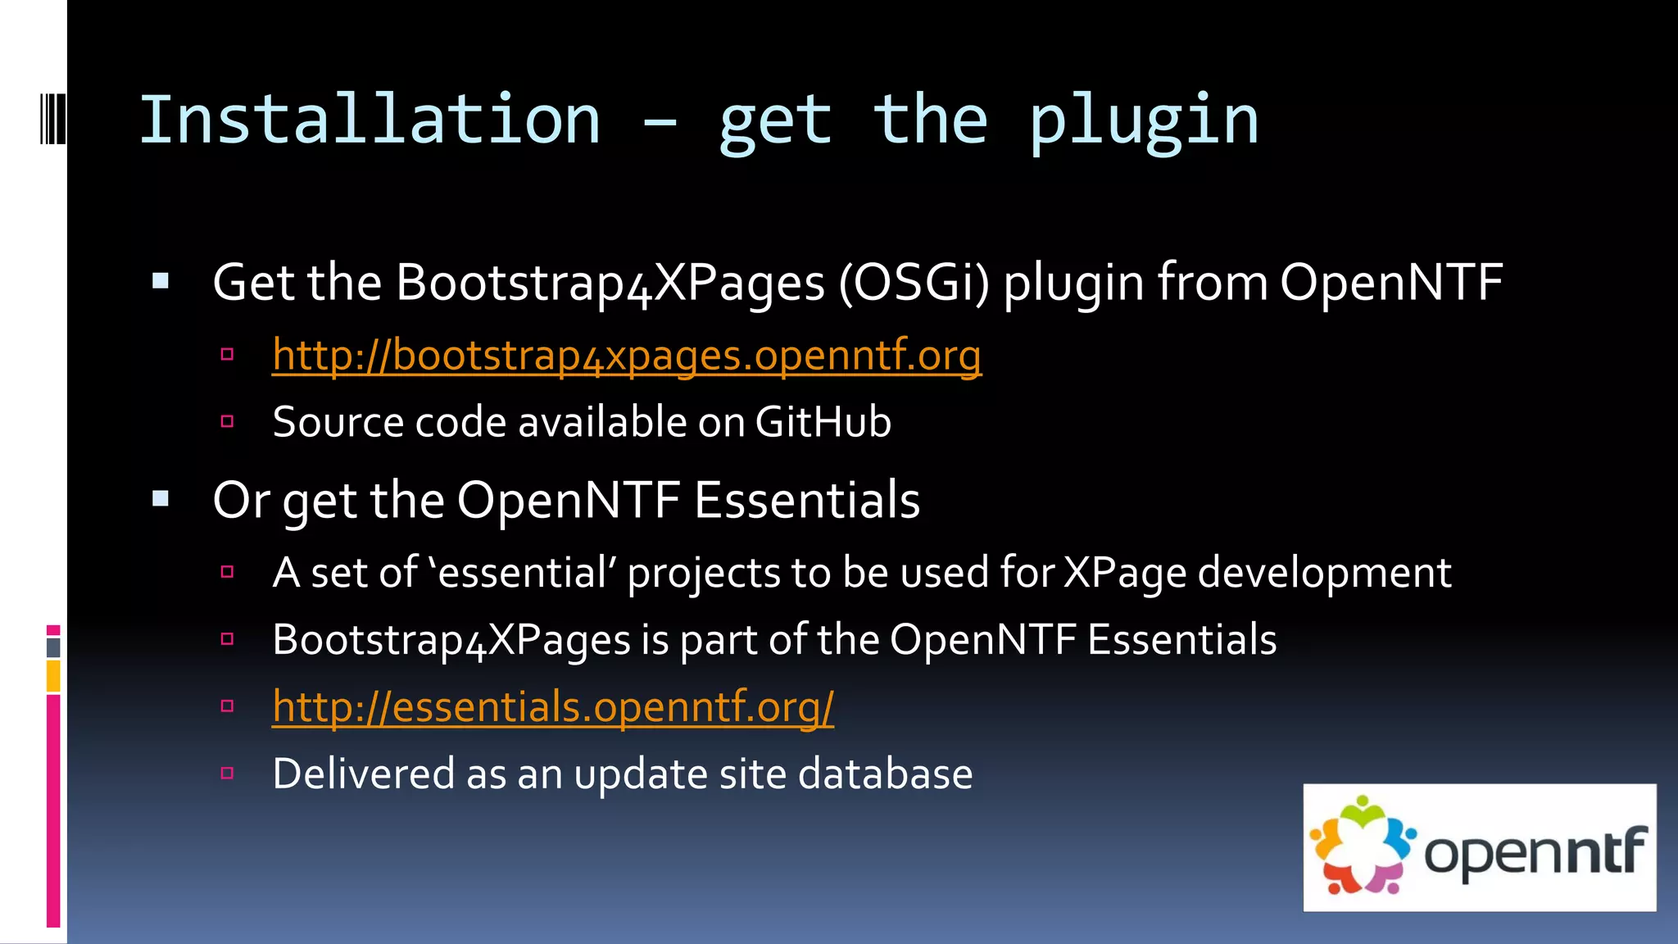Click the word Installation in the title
point(370,120)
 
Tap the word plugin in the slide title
point(1143,120)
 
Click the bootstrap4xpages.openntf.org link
point(627,356)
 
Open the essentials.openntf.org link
point(553,706)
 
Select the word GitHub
point(823,422)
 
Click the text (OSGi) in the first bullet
point(914,283)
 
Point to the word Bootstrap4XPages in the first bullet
point(610,283)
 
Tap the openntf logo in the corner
point(1479,847)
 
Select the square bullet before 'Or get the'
point(161,499)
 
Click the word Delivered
point(363,774)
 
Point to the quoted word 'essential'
point(523,572)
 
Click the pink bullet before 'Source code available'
point(228,422)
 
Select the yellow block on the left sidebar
point(53,677)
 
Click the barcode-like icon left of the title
point(52,120)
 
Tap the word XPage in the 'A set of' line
point(1124,572)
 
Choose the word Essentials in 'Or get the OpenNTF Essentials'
point(807,500)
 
